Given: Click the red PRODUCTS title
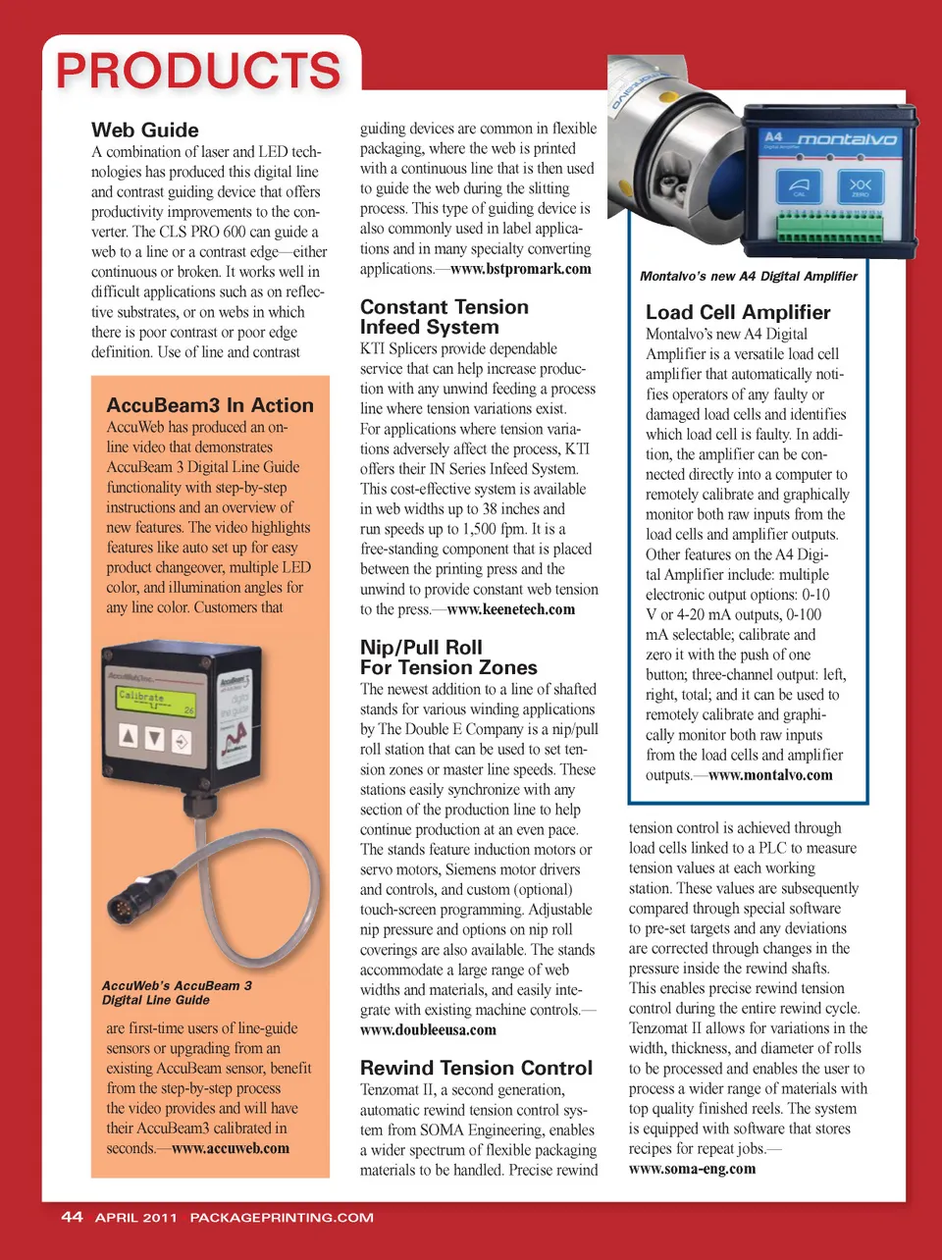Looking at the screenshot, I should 199,72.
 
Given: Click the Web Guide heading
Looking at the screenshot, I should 145,131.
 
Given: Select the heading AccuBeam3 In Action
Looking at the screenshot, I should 210,405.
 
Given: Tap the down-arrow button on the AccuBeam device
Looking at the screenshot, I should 154,738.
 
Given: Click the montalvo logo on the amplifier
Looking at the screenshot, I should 846,139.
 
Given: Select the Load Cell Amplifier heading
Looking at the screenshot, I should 738,313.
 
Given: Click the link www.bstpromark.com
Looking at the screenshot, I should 520,269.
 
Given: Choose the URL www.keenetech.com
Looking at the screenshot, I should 510,609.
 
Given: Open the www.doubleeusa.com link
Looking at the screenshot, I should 428,1030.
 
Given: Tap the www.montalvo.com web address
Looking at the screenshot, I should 770,775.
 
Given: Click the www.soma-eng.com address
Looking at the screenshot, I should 692,1169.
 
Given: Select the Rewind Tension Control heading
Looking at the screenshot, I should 476,1068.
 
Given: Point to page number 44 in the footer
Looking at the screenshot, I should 72,1217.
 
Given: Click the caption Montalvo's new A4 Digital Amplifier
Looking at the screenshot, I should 748,277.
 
